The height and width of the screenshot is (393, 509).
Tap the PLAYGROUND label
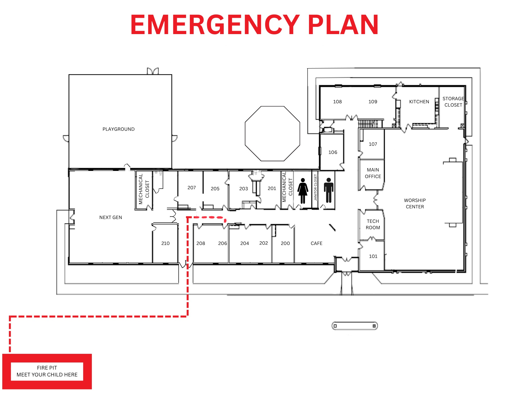point(119,129)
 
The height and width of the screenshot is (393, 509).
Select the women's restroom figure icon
point(303,191)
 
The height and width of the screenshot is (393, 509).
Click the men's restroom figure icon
point(329,190)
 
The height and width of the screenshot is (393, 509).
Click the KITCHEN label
point(419,102)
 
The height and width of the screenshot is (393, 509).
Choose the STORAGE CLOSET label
point(453,102)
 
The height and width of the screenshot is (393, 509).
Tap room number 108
point(337,102)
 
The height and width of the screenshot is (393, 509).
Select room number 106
point(333,152)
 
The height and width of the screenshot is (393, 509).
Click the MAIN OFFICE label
point(373,173)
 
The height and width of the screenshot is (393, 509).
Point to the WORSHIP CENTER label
point(415,203)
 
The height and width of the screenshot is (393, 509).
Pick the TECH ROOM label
point(373,224)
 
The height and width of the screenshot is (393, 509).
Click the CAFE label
point(317,243)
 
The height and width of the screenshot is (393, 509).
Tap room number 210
point(165,243)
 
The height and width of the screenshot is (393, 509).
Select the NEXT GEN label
point(111,217)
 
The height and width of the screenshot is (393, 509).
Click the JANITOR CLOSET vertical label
point(316,187)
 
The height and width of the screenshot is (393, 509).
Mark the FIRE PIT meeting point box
point(47,371)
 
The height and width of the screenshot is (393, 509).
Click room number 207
point(192,188)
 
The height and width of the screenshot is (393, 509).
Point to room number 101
point(373,256)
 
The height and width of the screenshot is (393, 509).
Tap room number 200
point(285,243)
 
